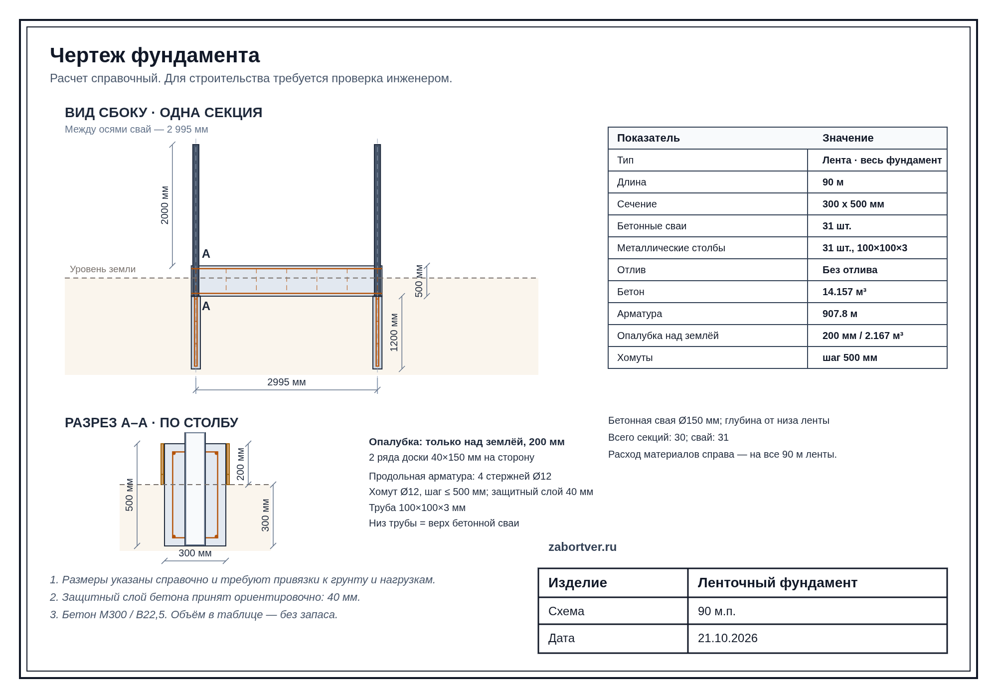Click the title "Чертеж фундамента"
point(155,55)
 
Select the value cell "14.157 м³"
point(844,292)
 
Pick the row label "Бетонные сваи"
point(652,226)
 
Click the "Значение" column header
point(848,138)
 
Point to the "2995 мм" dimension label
point(287,382)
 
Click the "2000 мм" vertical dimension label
point(165,205)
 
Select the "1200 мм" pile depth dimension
point(394,333)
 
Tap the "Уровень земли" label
point(103,269)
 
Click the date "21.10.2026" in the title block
point(728,638)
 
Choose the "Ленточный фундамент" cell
point(778,582)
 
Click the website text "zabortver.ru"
point(582,547)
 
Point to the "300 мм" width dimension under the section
point(195,553)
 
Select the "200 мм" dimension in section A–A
point(240,464)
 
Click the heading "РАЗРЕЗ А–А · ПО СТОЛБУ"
point(152,423)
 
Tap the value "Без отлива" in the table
point(850,270)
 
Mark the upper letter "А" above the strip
point(206,254)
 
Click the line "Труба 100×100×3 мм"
point(417,508)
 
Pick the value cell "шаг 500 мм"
point(850,357)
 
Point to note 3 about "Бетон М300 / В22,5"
point(194,615)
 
